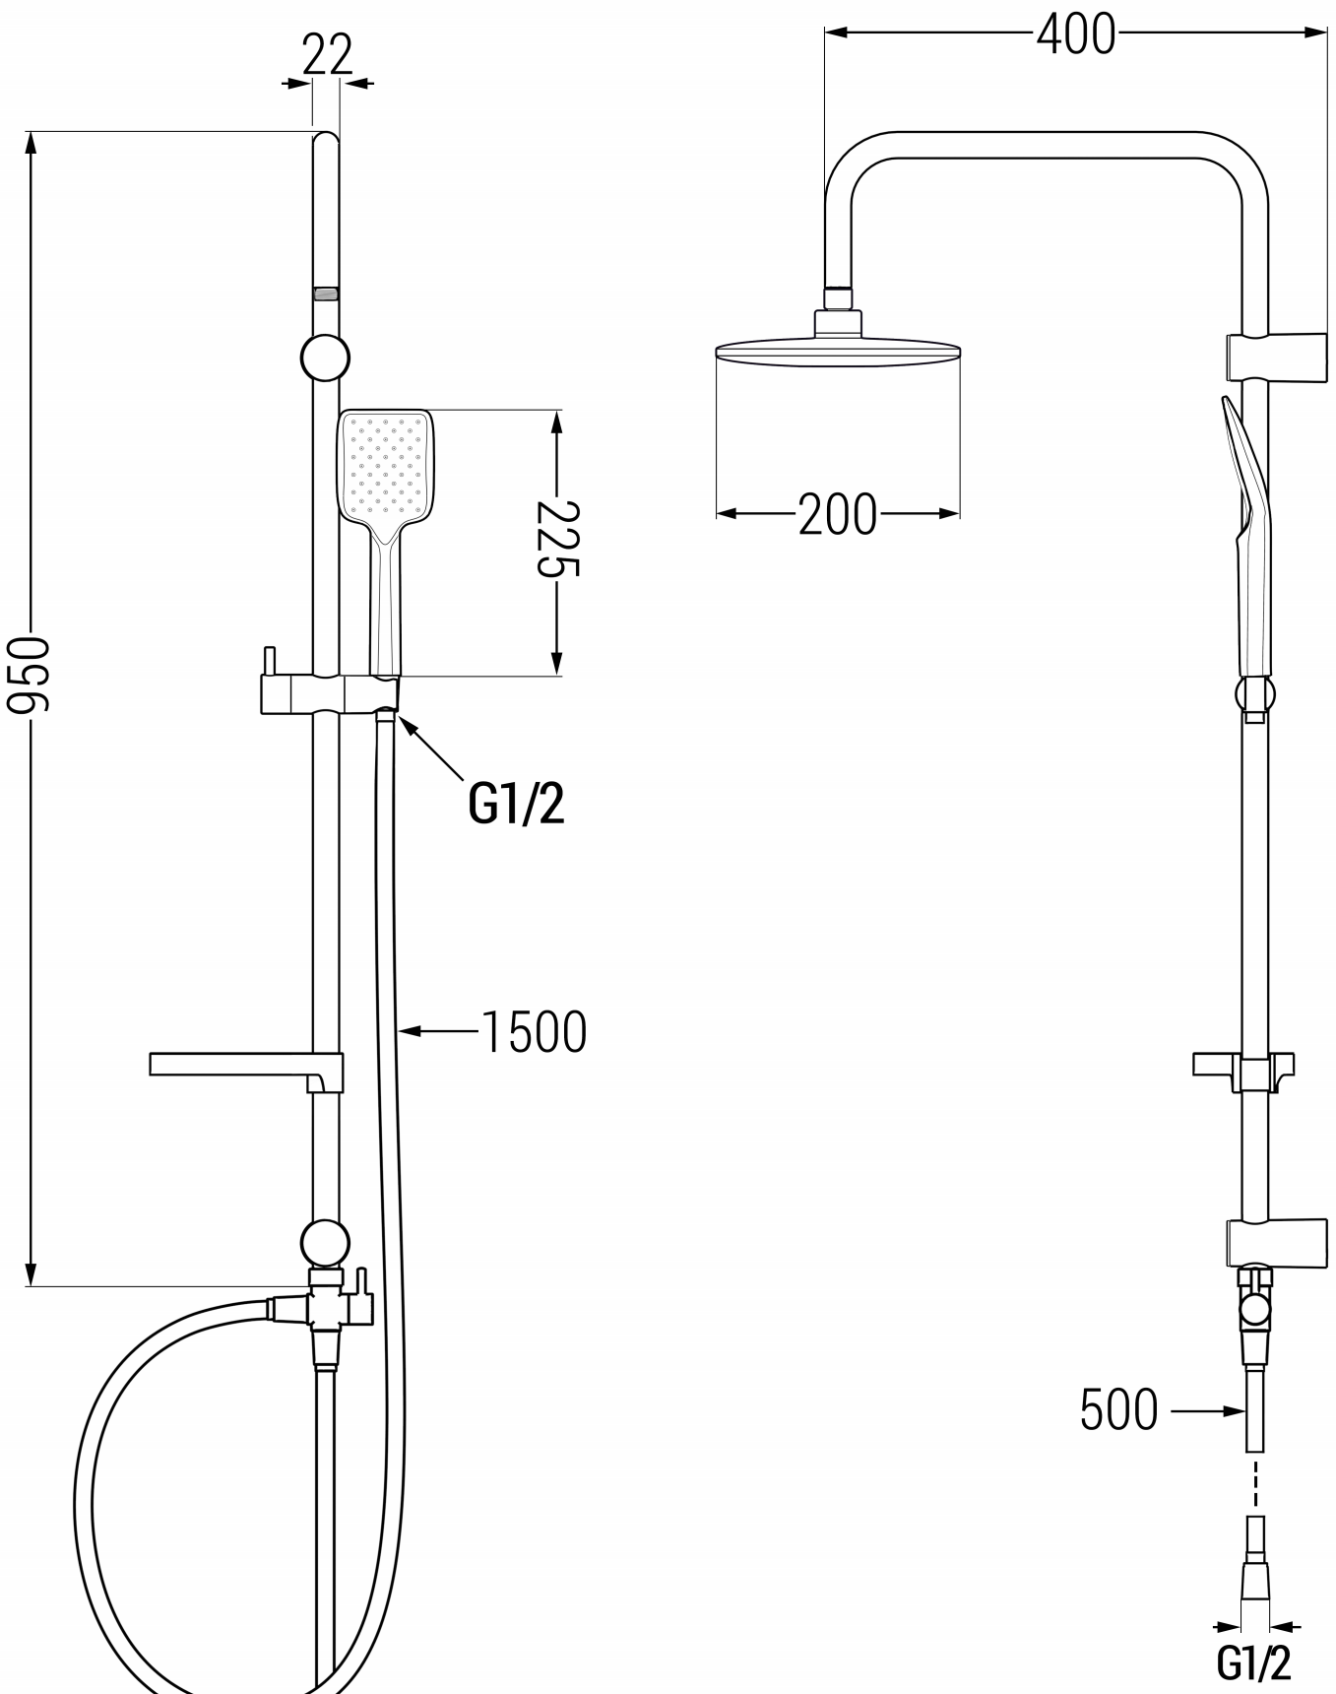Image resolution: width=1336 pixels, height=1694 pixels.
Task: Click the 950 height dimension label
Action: coord(27,675)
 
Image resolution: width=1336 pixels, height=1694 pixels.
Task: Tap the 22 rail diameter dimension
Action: coord(327,55)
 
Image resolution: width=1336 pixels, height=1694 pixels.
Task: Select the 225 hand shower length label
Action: coord(557,538)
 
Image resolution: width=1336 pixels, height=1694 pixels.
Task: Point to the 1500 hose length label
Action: coord(534,1032)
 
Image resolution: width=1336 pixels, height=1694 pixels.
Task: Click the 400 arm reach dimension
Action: coord(1076,33)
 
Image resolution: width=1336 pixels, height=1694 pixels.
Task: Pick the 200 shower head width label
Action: coord(837,513)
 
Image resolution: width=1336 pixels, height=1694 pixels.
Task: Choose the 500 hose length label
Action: coord(1118,1409)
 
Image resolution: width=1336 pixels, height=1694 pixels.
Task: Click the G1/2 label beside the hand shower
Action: coord(517,803)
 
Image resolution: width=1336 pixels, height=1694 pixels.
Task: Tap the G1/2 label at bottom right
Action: coord(1253,1662)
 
